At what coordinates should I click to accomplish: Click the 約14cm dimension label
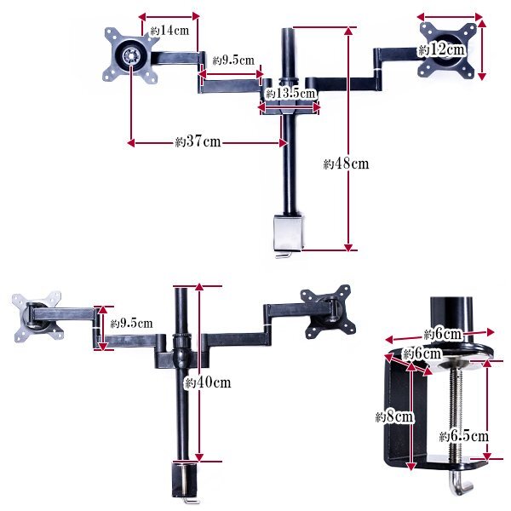click(x=169, y=31)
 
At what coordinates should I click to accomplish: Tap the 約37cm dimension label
click(x=198, y=142)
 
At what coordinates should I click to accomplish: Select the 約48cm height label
click(x=346, y=164)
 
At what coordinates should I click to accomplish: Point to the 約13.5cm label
click(x=291, y=94)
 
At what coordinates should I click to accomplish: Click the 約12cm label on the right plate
click(x=442, y=49)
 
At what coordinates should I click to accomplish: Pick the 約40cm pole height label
click(x=208, y=382)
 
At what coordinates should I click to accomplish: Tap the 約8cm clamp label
click(x=394, y=416)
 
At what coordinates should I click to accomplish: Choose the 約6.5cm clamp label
click(x=464, y=436)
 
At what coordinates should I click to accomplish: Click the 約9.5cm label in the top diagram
click(x=233, y=60)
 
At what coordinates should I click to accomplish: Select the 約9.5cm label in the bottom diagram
click(x=131, y=324)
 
